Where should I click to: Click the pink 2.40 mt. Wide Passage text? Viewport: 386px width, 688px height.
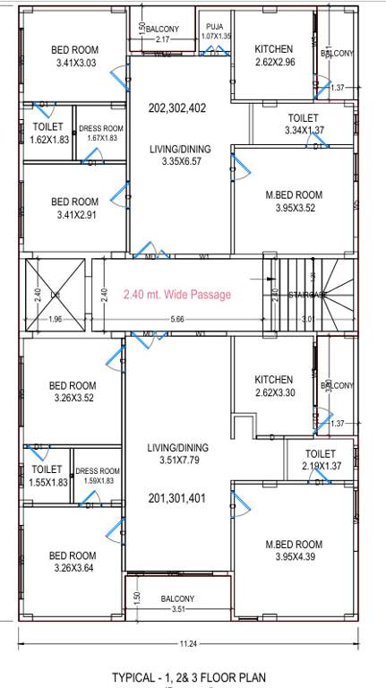[x=176, y=294]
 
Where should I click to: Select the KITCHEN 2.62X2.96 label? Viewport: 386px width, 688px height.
[x=273, y=56]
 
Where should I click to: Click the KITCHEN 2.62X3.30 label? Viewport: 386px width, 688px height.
[x=273, y=386]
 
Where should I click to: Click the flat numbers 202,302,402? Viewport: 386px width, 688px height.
[x=177, y=107]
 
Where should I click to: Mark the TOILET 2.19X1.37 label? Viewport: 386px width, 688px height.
[x=320, y=460]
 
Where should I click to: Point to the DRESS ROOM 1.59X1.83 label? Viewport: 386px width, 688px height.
[x=97, y=476]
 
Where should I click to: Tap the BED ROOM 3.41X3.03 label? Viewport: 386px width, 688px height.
[x=74, y=56]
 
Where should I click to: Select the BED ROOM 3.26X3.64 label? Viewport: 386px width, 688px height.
[x=73, y=562]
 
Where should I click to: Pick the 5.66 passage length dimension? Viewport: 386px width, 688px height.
[x=177, y=319]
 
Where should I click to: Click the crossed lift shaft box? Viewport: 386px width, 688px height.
[x=55, y=293]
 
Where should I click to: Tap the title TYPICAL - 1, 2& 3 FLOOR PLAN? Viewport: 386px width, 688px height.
[x=188, y=677]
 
